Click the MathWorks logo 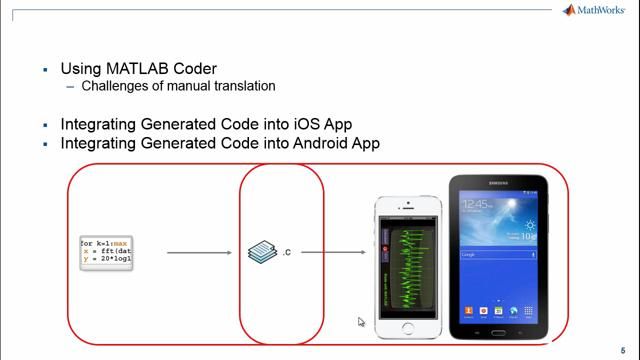(597, 11)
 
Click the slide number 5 (623, 350)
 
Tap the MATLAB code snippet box (107, 252)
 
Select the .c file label (287, 252)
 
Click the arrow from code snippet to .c (201, 252)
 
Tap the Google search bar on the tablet (496, 255)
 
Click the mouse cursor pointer (361, 322)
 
